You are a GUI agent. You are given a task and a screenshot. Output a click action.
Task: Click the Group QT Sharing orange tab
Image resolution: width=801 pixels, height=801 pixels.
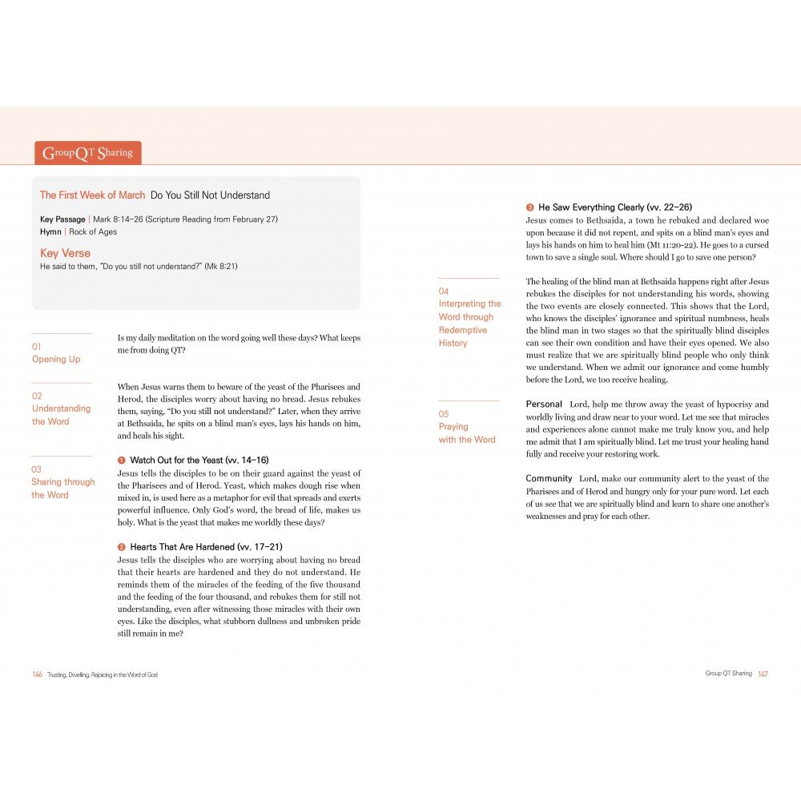coord(88,153)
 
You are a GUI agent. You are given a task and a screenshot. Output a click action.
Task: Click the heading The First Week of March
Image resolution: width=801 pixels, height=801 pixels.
coord(93,195)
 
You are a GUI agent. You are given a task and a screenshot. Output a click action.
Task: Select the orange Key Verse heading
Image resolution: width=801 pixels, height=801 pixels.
coord(65,253)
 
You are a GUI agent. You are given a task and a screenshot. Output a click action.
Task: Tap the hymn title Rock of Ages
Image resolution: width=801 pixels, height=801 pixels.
coord(93,232)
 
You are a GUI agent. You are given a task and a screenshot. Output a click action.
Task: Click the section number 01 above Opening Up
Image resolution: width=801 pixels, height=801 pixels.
coord(36,347)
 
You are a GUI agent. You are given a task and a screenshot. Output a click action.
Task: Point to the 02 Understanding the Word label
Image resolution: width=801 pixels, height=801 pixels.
coord(61,409)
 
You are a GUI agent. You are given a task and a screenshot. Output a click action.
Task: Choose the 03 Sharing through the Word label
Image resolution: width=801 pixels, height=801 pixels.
coord(62,482)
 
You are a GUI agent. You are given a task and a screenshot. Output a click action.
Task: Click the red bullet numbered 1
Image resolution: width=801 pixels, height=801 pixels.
coord(122,461)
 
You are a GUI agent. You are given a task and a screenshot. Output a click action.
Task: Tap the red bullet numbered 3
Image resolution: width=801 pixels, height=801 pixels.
coord(530,207)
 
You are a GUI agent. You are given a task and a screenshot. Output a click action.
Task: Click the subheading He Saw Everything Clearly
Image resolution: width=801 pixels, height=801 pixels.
coord(614,207)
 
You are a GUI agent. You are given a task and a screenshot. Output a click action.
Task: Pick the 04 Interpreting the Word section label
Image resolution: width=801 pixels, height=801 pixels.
coord(469,317)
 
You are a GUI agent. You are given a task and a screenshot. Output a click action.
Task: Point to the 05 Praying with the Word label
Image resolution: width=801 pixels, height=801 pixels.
coord(467,427)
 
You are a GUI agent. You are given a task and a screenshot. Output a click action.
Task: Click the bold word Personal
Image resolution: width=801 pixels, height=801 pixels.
coord(544,405)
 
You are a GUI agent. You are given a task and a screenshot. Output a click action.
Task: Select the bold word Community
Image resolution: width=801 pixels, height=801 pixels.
coord(549,478)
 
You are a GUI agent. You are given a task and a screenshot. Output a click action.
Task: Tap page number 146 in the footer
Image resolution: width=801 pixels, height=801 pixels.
coord(37,674)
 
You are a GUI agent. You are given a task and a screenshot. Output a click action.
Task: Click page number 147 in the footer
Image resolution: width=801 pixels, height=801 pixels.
coord(763,674)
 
